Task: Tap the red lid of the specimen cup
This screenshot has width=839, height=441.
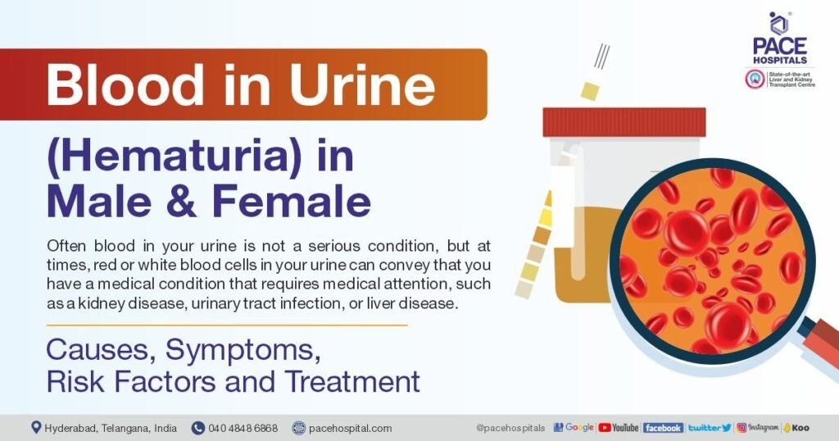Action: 624,122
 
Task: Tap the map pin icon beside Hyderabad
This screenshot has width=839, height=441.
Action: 36,427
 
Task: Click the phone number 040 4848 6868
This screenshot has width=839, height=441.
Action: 243,428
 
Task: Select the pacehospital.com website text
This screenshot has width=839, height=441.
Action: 350,428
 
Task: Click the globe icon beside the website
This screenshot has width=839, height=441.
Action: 299,428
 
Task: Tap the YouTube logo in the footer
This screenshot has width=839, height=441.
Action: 619,427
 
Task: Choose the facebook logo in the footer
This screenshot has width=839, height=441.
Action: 663,427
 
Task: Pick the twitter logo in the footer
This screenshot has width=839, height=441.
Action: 709,427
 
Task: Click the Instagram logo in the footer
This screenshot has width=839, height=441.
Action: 757,427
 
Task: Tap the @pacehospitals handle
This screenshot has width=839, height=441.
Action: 510,428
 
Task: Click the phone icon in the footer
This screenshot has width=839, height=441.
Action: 198,428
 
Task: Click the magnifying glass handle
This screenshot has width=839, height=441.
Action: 819,337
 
